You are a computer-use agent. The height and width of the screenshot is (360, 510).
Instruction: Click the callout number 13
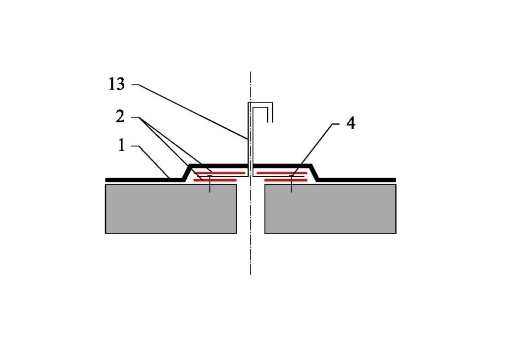coord(116,84)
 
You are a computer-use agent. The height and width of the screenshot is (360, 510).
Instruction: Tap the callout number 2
coord(120,116)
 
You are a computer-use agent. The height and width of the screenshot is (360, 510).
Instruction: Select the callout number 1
coord(122,145)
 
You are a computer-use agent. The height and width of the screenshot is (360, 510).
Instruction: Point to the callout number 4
coord(351,123)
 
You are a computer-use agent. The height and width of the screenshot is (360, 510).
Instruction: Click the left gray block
coord(171,209)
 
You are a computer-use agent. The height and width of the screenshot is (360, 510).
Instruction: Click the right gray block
coord(330,209)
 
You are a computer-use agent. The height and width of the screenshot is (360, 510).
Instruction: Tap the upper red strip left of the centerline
coord(219,173)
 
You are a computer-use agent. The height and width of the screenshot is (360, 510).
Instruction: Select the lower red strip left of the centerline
coord(215,180)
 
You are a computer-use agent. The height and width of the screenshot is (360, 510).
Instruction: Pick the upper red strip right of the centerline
coord(282,173)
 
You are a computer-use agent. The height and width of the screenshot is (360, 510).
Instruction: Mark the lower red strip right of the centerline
coord(286,180)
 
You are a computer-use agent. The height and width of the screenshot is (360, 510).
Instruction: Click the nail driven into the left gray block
coord(210,184)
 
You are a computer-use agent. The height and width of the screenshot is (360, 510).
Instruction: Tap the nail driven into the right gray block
coord(292,184)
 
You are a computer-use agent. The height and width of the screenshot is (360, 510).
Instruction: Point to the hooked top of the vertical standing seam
coord(260,104)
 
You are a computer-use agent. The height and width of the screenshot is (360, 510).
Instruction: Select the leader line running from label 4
coord(315,150)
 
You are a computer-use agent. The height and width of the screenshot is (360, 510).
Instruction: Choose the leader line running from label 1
coord(151,162)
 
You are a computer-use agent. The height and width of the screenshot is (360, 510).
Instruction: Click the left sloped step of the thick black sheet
coord(187,173)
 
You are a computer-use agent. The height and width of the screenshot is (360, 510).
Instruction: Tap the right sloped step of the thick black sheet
coord(314,173)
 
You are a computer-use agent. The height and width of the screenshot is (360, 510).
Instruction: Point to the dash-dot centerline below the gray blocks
coord(251,254)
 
